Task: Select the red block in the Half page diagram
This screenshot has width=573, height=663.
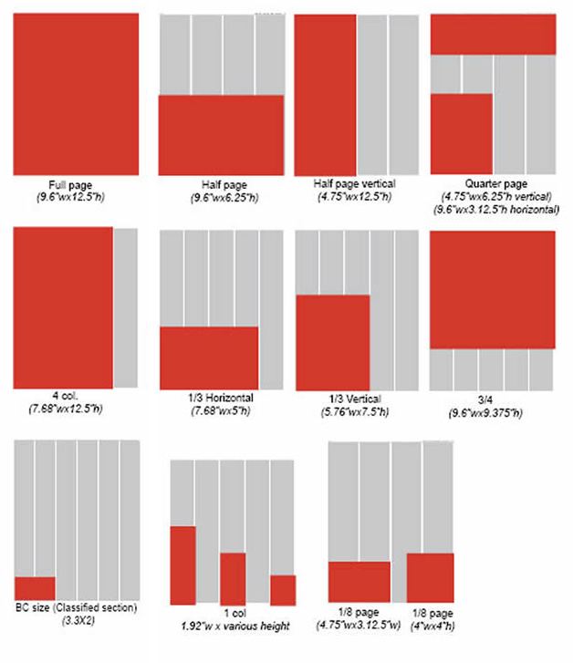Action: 221,135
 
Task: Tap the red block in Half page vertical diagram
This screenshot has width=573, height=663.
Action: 325,95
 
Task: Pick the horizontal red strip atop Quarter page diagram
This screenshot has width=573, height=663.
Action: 493,35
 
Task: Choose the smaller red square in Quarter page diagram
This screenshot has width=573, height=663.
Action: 462,133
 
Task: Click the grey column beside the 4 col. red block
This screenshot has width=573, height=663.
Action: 126,308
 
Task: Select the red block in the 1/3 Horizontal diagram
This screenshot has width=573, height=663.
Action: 209,357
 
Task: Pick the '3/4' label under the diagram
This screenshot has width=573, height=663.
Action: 490,399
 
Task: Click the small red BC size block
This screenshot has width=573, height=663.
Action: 35,588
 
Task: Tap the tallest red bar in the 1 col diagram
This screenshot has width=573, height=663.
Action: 182,565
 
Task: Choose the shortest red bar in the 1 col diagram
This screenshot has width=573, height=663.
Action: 283,590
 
